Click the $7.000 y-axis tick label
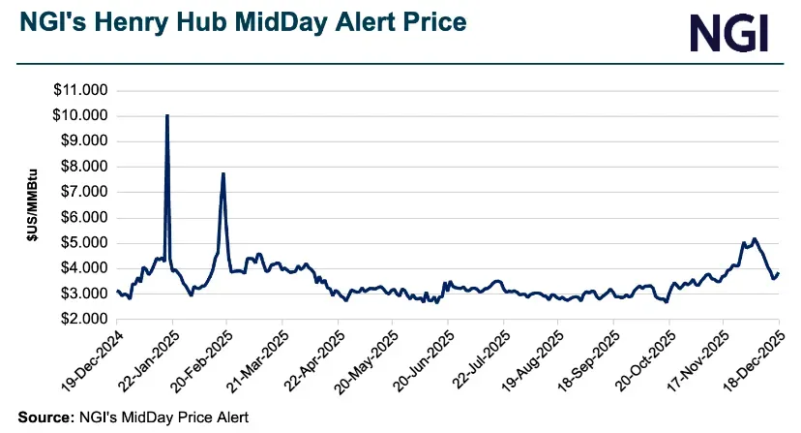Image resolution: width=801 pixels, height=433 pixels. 84,192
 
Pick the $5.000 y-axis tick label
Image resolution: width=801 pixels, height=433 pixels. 84,243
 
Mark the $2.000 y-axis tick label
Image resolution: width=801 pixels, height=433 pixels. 84,319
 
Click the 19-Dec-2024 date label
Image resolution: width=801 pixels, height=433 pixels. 89,358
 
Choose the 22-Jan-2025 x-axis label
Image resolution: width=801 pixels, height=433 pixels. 145,358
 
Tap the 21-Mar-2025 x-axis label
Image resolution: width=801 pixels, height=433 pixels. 255,358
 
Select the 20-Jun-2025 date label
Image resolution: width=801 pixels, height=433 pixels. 420,358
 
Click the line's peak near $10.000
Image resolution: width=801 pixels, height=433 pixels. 167,116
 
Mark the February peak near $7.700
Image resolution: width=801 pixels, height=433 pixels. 223,174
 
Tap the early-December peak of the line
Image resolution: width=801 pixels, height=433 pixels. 754,238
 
